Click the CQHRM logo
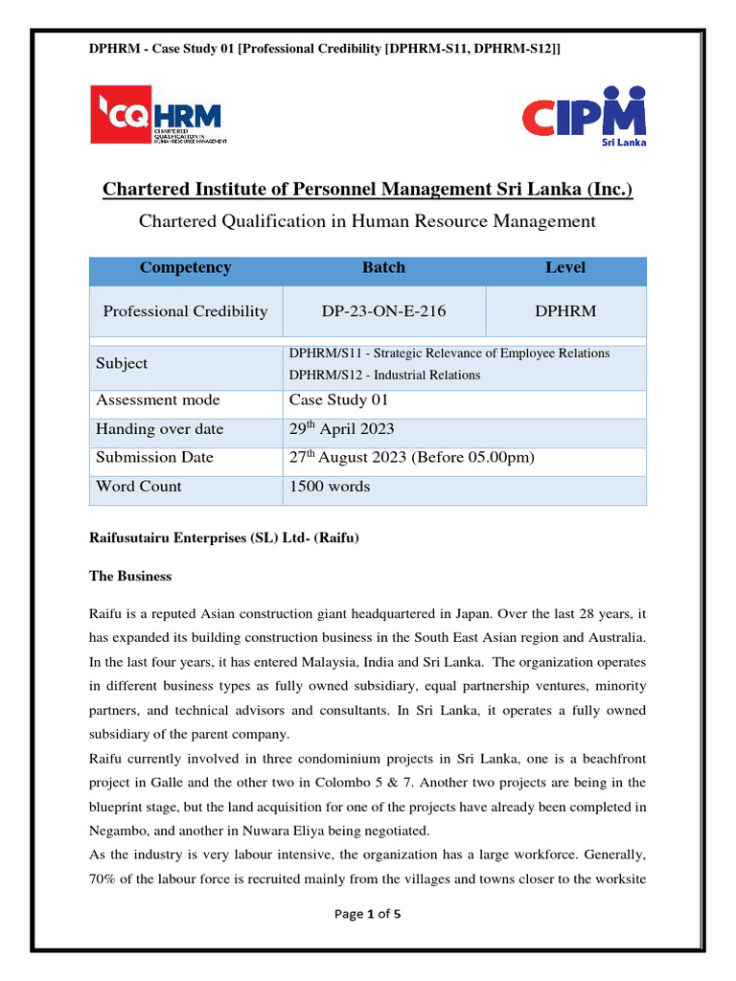coord(159,115)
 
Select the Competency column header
coord(185,268)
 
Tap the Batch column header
coord(383,268)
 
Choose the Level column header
coord(565,268)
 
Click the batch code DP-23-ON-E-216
coord(383,311)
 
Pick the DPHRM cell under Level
coord(565,311)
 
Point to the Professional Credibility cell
coord(185,311)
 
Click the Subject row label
coord(122,364)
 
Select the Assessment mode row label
coord(157,400)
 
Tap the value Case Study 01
coord(338,400)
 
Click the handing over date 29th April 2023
coord(341,429)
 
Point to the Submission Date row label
coord(154,458)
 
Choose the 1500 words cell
coord(330,487)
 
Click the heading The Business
coord(130,577)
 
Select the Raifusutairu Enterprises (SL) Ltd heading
coord(223,538)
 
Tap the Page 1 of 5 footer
coord(367,914)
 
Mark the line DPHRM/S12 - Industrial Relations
coord(384,375)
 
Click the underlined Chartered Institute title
coord(368,191)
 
